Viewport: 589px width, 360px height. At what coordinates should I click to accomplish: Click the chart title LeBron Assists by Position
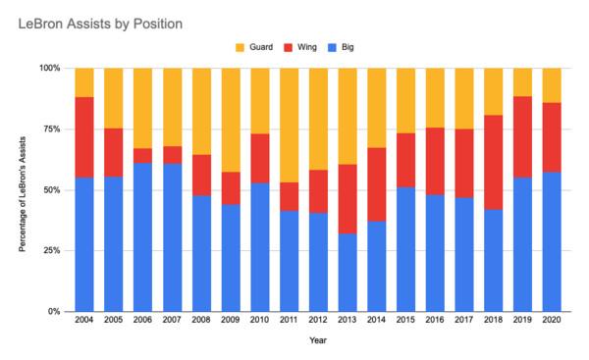point(100,24)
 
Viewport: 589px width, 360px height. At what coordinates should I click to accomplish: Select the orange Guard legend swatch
point(240,48)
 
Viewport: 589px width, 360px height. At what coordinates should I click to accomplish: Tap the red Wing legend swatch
point(288,48)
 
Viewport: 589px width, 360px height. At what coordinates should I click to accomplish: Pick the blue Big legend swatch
point(332,48)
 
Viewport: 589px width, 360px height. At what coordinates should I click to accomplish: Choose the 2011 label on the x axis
point(289,320)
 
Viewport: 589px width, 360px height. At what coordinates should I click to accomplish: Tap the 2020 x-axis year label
point(552,320)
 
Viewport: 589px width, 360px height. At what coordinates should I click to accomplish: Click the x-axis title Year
point(318,340)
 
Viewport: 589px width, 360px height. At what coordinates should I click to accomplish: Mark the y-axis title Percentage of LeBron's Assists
point(23,194)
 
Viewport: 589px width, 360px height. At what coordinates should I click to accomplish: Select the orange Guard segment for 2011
point(289,126)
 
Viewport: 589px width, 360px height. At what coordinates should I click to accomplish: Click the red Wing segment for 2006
point(142,155)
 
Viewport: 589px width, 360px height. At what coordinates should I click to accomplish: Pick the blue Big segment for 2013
point(348,273)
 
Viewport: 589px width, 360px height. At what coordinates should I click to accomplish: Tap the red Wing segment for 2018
point(493,162)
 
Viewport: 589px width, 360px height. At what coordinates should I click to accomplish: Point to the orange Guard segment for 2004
point(84,82)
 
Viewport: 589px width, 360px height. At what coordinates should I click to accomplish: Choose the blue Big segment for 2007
point(172,237)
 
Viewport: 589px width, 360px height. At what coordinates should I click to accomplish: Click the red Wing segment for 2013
point(348,199)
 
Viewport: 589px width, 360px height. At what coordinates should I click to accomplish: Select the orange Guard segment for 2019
point(522,82)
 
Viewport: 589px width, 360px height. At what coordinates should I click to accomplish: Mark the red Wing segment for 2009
point(231,188)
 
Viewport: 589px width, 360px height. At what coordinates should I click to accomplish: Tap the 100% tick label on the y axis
point(50,69)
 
